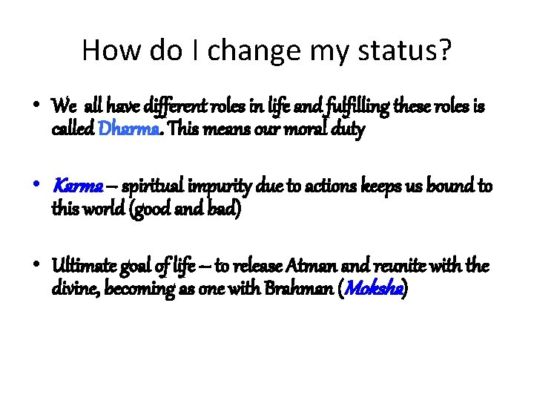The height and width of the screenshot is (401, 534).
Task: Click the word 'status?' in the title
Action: (406, 50)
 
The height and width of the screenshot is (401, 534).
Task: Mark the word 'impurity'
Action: (212, 186)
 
